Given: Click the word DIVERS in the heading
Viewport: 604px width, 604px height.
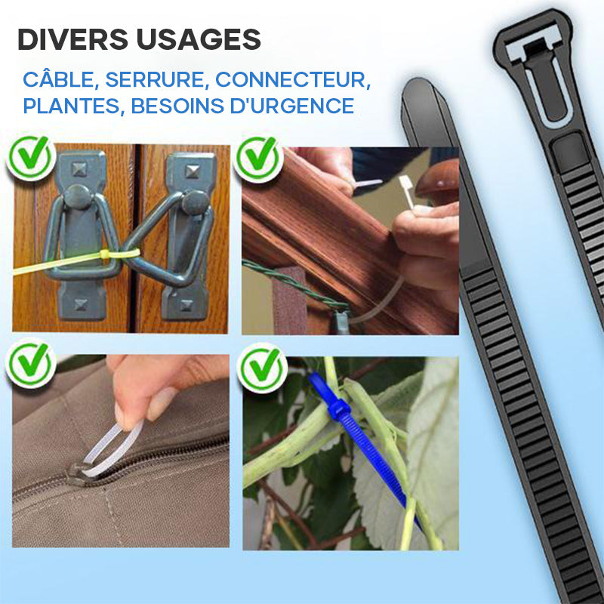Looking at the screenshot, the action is coord(72,39).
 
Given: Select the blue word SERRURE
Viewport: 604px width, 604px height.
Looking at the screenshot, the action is coord(155,80).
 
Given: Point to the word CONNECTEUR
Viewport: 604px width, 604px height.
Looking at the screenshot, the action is coord(293,80).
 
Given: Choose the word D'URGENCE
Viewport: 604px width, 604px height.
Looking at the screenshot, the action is coord(291,106).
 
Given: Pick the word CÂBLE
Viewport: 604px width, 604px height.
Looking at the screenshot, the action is coord(58,79).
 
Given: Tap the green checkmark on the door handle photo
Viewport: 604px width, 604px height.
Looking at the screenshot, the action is coord(30,158).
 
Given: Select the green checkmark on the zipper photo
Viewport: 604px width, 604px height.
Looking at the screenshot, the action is coord(30,364).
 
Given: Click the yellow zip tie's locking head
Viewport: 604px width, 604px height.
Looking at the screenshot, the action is coord(105,254).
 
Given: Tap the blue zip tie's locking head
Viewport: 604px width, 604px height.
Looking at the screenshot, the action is coord(337,408).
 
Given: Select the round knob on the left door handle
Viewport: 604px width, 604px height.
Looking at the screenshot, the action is coord(79,196).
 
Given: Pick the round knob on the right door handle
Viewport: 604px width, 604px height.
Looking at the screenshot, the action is coord(196,202).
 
